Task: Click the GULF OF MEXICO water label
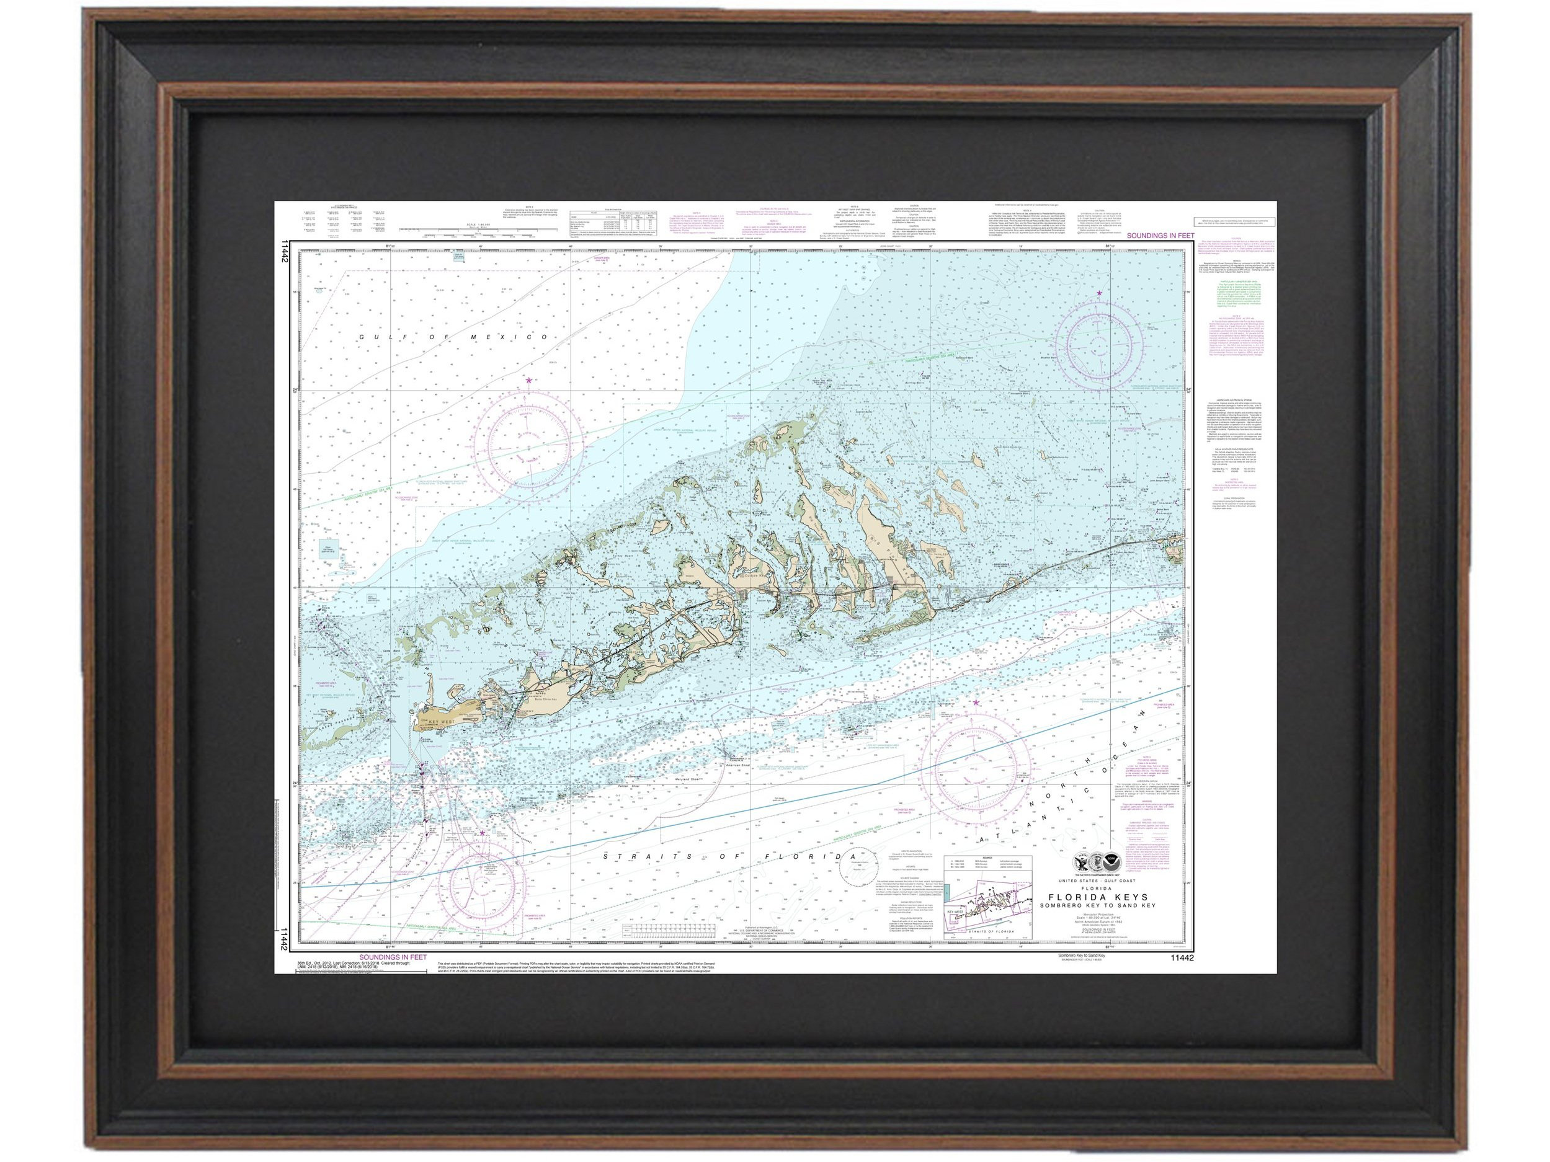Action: [x=453, y=337]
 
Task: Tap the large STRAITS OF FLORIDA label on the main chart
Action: [x=730, y=856]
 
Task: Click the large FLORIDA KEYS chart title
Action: [x=1098, y=897]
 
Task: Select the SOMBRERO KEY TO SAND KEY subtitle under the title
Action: [x=1097, y=906]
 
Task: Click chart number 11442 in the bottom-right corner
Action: [x=1182, y=958]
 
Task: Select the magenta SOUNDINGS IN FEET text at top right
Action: [x=1160, y=236]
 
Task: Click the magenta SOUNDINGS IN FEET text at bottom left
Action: [x=393, y=957]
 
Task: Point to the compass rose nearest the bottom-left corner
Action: [x=482, y=886]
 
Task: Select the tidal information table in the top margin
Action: [x=615, y=224]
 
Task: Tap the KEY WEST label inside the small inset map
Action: [x=954, y=912]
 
